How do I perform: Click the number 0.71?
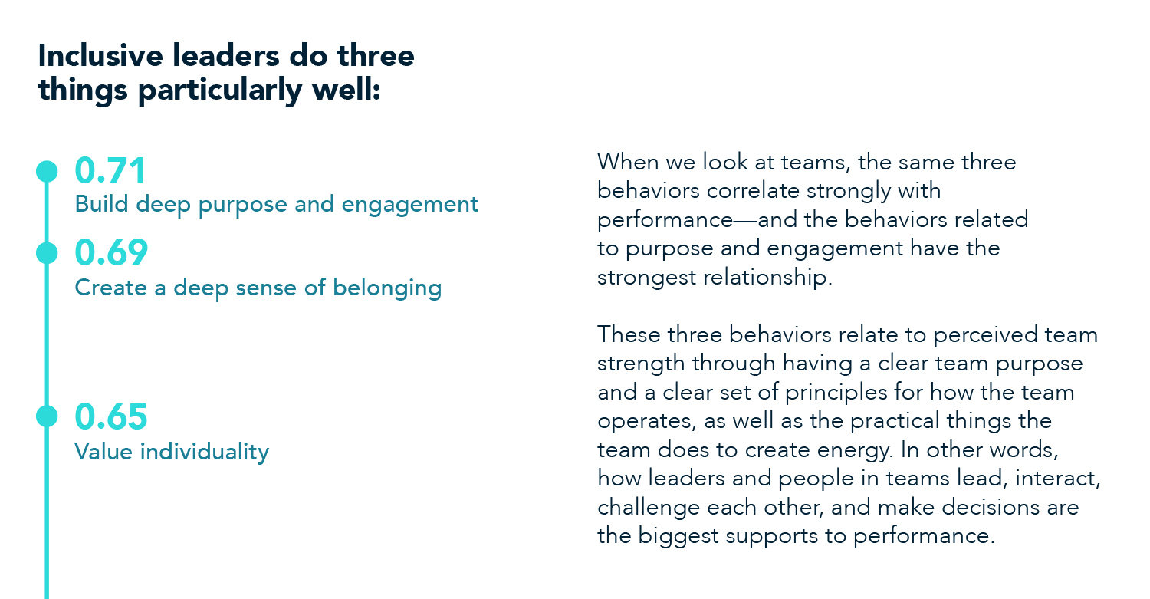110,171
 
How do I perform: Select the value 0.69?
110,253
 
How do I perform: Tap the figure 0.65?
110,416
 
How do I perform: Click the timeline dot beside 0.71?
47,171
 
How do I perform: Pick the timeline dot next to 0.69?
47,253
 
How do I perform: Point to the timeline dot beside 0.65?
47,416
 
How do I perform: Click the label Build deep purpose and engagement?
276,205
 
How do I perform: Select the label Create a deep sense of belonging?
258,288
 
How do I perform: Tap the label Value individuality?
172,451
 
